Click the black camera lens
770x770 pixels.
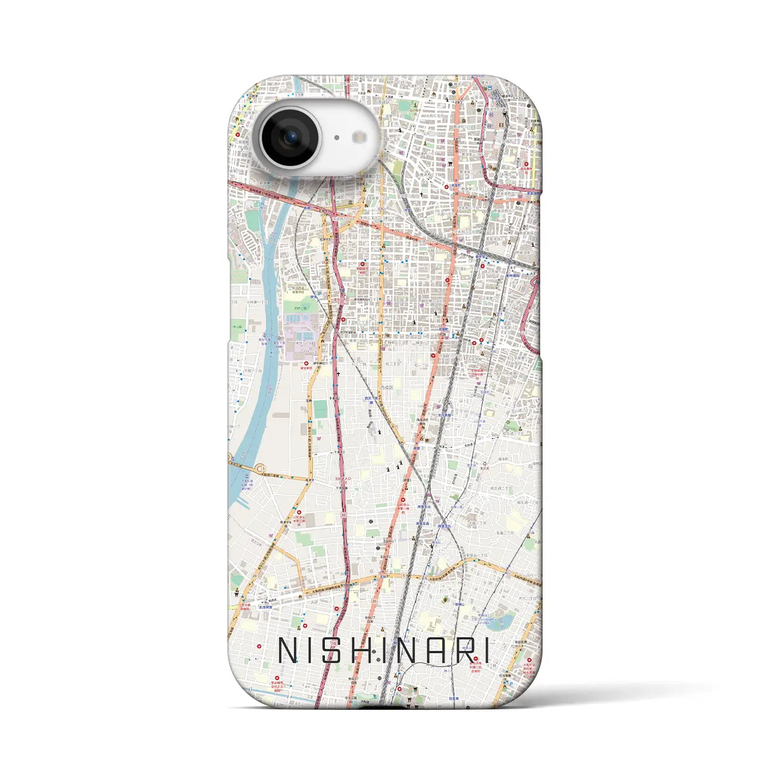click(291, 138)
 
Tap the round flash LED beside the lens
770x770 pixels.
click(360, 138)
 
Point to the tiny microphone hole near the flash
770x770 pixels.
click(336, 138)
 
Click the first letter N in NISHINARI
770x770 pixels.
click(288, 650)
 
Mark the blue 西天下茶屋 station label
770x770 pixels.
click(372, 398)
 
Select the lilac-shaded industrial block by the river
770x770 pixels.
click(301, 343)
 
